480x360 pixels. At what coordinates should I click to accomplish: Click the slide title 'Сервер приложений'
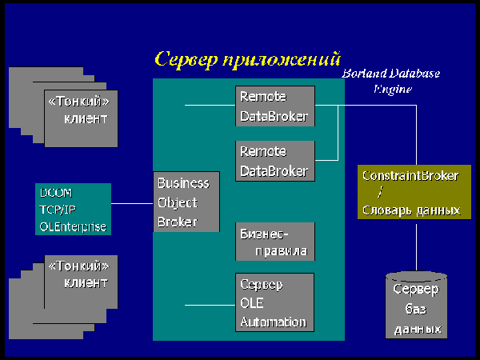(x=247, y=59)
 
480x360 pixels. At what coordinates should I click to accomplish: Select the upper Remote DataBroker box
(x=274, y=106)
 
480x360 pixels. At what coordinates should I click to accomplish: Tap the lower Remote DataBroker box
(x=274, y=161)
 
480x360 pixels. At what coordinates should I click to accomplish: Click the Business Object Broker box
(x=186, y=202)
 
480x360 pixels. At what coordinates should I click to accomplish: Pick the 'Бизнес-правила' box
(x=274, y=242)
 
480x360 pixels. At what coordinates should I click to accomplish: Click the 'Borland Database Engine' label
(x=390, y=81)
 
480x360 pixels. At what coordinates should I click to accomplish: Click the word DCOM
(x=55, y=193)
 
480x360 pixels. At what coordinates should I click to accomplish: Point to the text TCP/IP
(x=58, y=210)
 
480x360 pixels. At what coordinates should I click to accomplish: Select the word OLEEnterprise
(x=72, y=227)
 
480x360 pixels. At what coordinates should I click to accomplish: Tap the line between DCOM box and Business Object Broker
(x=132, y=203)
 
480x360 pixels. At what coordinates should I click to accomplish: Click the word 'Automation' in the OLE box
(x=273, y=322)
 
